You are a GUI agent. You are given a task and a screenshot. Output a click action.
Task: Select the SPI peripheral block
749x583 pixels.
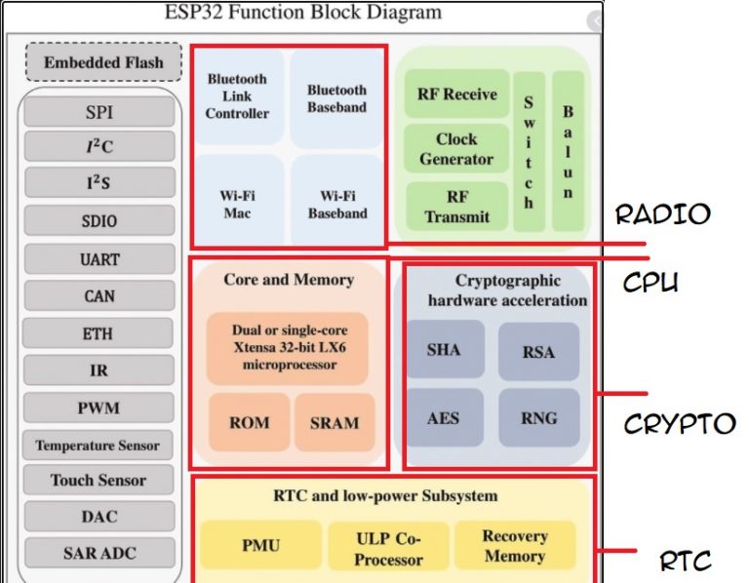click(x=99, y=113)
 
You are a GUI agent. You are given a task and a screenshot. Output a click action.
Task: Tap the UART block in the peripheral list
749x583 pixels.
click(x=99, y=260)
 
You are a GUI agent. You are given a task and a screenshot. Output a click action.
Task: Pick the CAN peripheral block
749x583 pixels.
click(x=99, y=296)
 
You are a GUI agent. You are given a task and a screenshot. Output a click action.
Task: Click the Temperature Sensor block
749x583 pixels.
click(x=99, y=446)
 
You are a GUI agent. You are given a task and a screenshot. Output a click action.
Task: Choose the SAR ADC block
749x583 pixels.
click(x=99, y=553)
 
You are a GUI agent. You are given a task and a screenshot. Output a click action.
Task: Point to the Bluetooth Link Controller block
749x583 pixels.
click(x=237, y=97)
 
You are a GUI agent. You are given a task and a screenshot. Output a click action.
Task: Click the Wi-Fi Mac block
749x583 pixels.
click(x=237, y=204)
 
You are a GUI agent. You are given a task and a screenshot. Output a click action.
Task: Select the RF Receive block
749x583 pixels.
click(x=456, y=95)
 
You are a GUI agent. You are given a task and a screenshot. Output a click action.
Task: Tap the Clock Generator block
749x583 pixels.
click(x=456, y=149)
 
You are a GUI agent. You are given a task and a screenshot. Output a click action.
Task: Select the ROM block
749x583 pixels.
click(x=249, y=422)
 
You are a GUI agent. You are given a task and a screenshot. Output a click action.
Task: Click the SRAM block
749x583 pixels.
click(x=334, y=422)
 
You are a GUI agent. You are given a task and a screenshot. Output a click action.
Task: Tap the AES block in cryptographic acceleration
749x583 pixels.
click(x=444, y=418)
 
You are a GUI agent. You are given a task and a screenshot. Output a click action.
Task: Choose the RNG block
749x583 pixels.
click(x=538, y=418)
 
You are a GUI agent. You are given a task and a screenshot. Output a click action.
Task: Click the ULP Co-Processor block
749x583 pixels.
click(x=388, y=548)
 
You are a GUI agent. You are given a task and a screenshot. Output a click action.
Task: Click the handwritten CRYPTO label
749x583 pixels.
click(x=679, y=424)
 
